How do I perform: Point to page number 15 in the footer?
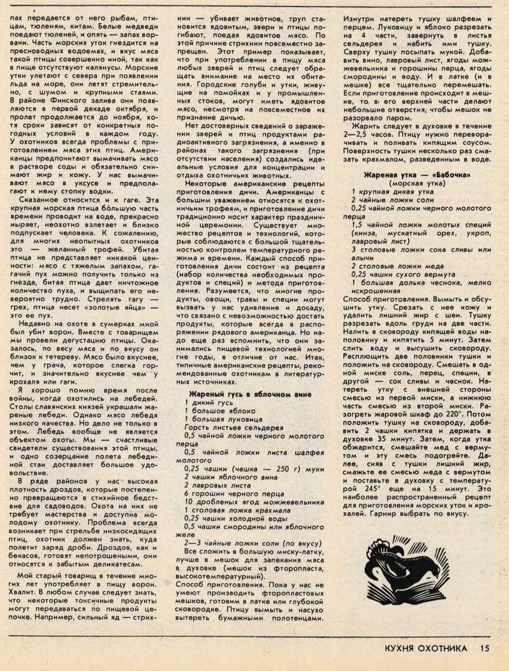[x=485, y=650]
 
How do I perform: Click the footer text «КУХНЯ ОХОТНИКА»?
[x=422, y=650]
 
